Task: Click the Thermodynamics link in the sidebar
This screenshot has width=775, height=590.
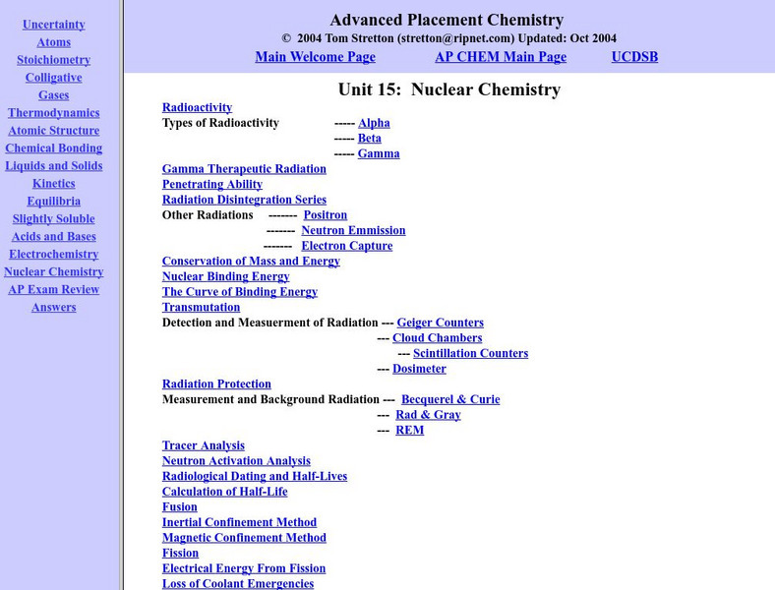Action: (53, 113)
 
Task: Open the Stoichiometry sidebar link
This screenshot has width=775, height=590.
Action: (53, 60)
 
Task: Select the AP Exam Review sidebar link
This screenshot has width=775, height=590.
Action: (53, 290)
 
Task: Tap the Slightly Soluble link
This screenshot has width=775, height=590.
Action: (53, 219)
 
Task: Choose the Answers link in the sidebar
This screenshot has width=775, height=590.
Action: (53, 308)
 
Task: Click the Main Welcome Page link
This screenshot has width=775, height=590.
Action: (315, 57)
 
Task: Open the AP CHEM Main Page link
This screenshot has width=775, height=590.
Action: (501, 57)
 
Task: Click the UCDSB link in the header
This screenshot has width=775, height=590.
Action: (634, 57)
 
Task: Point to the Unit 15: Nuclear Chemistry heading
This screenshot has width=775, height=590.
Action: (448, 89)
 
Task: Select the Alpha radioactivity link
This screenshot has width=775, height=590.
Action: (374, 124)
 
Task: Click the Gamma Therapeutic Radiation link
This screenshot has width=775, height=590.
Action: (244, 169)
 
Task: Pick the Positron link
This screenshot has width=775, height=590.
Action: (325, 215)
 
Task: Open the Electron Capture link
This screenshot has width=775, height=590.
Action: (346, 246)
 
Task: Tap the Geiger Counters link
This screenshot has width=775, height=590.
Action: (440, 323)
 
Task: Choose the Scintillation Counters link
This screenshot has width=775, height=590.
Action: (470, 354)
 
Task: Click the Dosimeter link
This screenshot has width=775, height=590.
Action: (419, 369)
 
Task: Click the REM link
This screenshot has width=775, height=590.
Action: (409, 431)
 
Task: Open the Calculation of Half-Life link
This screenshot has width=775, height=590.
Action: (224, 492)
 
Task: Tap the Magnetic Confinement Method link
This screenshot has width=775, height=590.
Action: (244, 538)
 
